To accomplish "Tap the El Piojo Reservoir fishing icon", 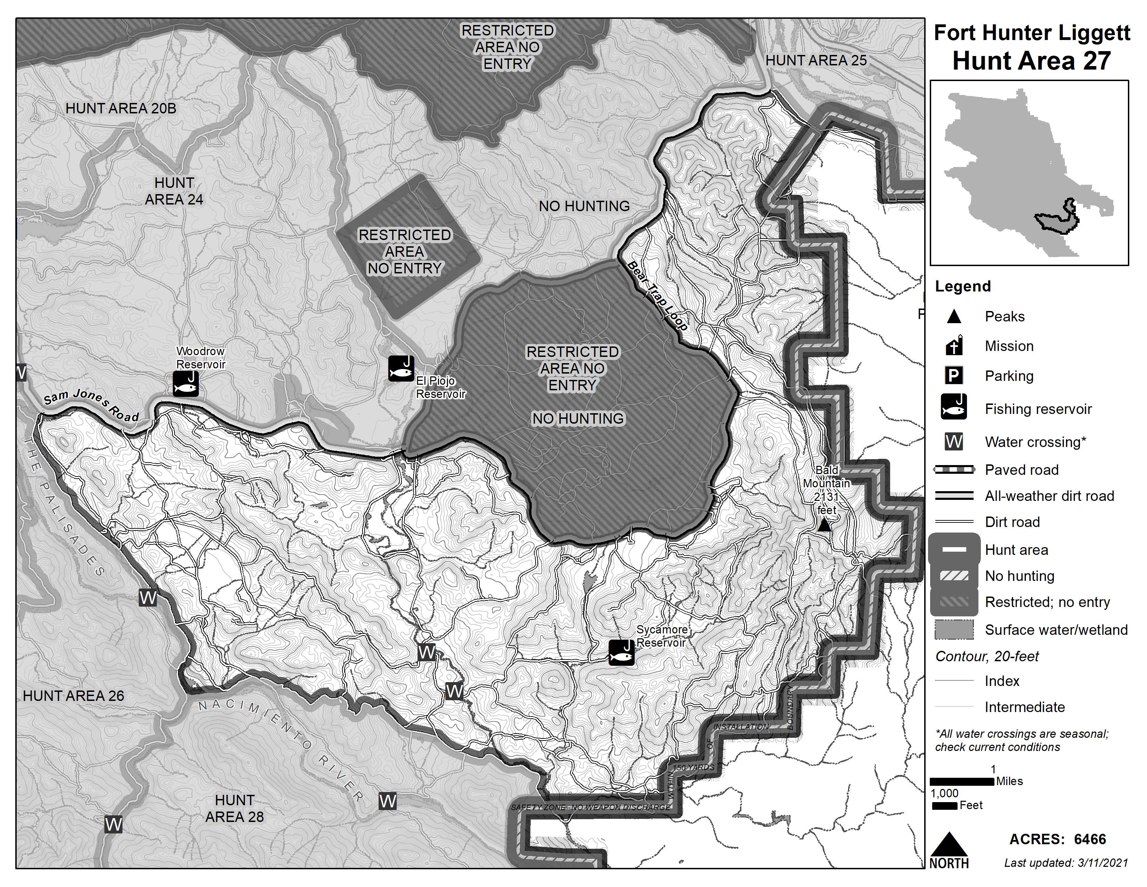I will pos(401,368).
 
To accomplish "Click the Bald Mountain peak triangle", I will pos(824,525).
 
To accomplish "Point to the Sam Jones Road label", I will pos(91,405).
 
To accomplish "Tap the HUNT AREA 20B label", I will pos(121,109).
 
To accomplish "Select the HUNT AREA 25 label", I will pos(816,61).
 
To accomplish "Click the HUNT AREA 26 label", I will pos(74,696).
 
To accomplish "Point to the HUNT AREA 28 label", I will pos(234,808).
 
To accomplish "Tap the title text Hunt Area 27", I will pos(1031,61).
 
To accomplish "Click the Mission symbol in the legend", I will pos(954,345).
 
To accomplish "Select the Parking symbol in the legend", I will pos(954,376).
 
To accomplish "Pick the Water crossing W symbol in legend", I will pos(954,442).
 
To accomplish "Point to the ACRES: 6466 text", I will pos(1057,839).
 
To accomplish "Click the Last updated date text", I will pos(1066,863).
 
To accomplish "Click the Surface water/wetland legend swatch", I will pos(954,630).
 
